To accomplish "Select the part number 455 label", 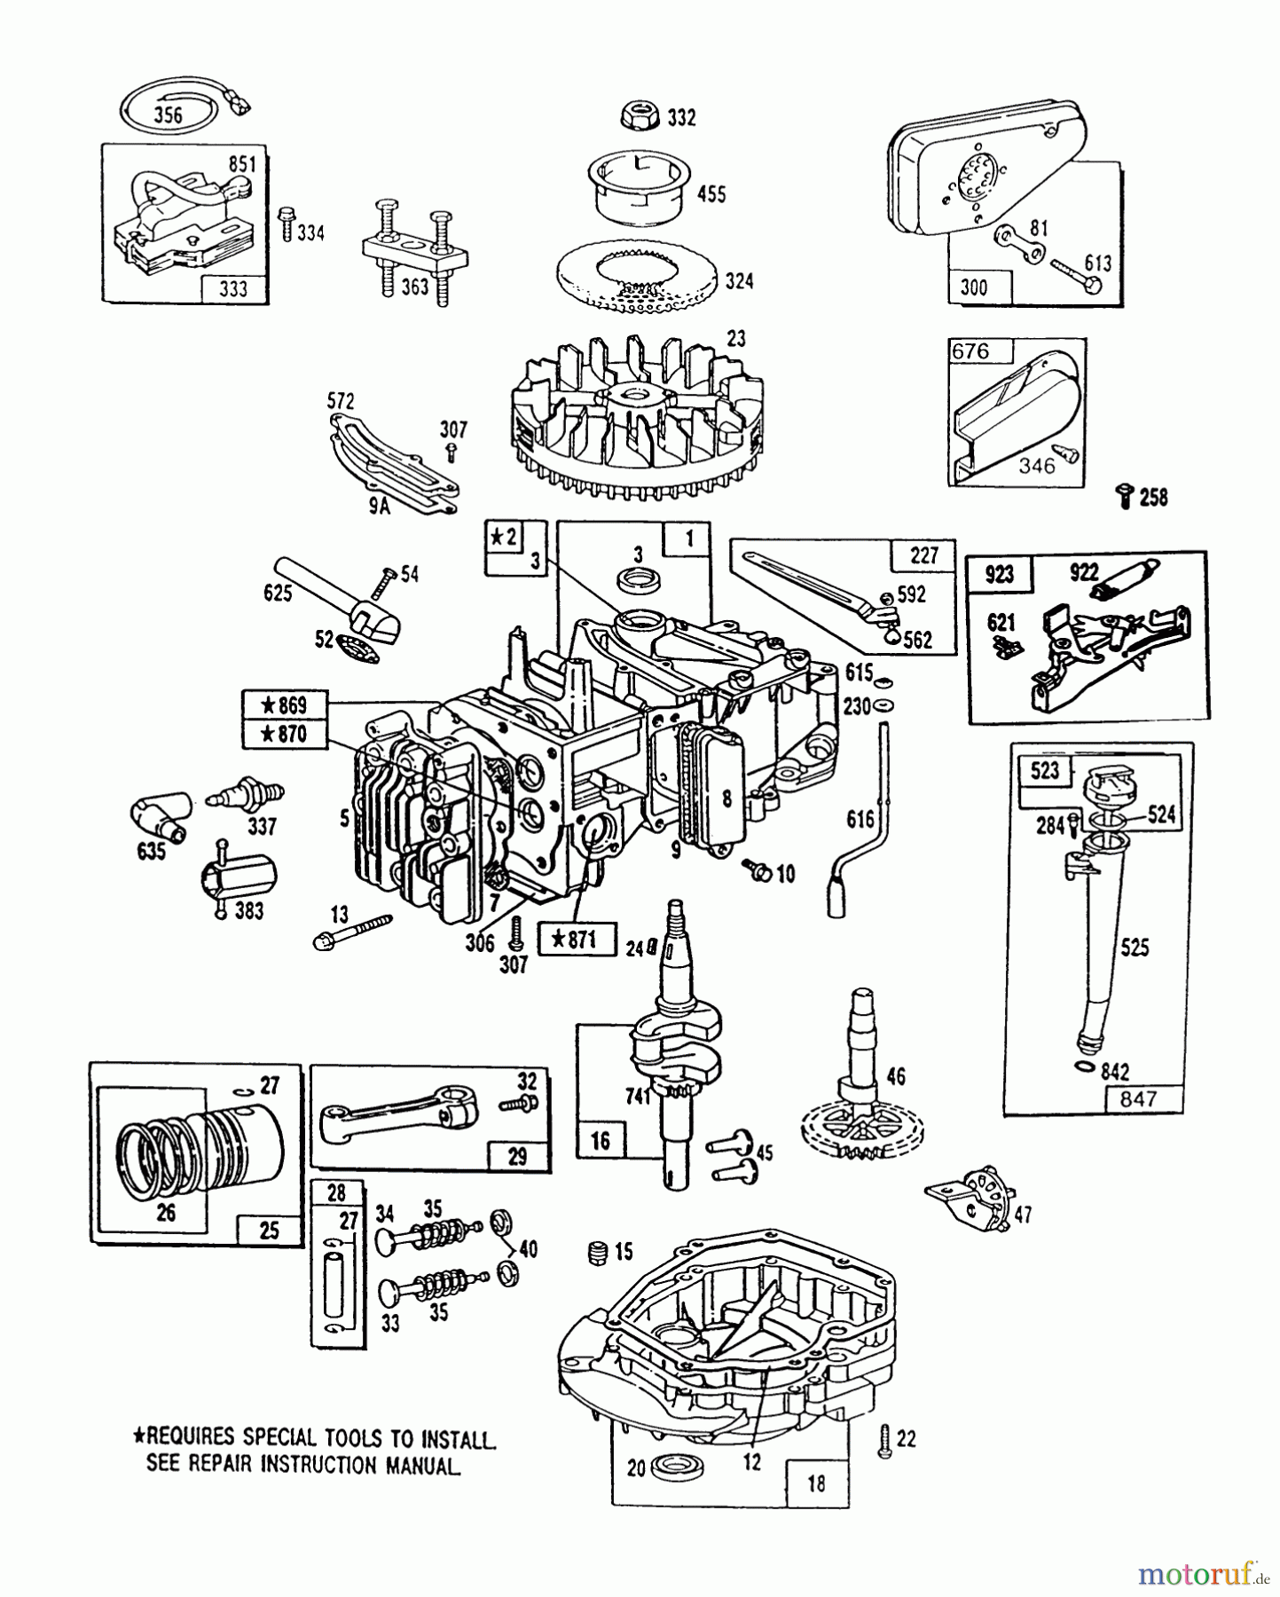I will pos(711,193).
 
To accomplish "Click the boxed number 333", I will pos(233,288).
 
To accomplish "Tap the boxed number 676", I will pos(970,351).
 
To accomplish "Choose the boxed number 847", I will pos(1138,1098).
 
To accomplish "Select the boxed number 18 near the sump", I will pos(816,1482).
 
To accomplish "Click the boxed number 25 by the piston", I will pos(269,1229).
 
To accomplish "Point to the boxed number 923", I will pos(1000,574).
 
